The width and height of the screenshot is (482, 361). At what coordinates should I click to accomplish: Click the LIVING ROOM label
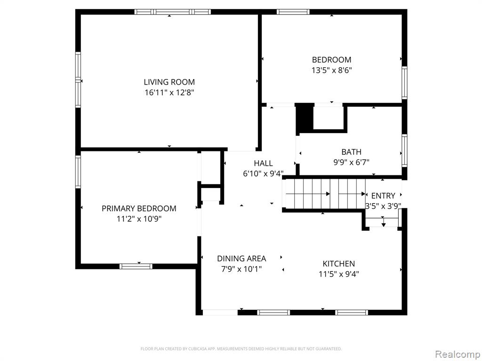click(x=169, y=82)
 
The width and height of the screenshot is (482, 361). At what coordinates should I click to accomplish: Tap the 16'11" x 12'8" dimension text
click(x=169, y=93)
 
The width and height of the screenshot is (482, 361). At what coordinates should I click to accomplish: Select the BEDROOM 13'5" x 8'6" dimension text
click(x=332, y=71)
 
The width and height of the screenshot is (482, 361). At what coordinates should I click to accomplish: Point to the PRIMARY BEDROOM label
click(x=139, y=208)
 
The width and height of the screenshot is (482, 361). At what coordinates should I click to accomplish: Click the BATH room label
click(x=351, y=152)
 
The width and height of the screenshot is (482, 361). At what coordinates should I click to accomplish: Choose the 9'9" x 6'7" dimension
click(x=351, y=162)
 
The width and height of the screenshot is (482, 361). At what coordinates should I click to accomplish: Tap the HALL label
click(x=263, y=163)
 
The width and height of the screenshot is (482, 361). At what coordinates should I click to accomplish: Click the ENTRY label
click(x=383, y=196)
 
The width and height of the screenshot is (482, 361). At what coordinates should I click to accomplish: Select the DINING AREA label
click(x=241, y=259)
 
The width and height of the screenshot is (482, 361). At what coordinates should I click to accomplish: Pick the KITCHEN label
click(x=339, y=264)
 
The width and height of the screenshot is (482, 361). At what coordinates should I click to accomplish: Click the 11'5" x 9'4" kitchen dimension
click(x=339, y=274)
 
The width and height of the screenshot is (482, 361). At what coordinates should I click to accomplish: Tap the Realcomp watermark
click(x=458, y=354)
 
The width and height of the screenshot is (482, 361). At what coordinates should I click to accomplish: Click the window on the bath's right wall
click(x=404, y=151)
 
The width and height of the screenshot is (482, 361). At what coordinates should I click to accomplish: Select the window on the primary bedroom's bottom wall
click(x=136, y=266)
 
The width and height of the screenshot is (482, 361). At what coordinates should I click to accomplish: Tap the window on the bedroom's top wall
click(x=293, y=12)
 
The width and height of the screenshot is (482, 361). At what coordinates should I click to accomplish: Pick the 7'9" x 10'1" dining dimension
click(x=241, y=269)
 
